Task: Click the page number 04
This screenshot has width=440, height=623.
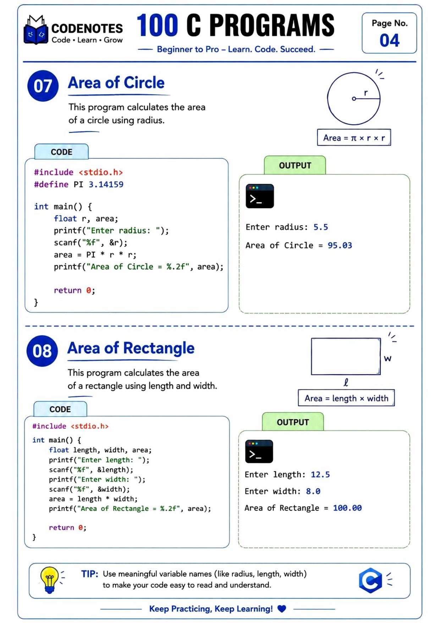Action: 389,40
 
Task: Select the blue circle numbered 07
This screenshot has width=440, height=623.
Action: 43,86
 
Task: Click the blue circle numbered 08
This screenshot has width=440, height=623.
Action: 42,351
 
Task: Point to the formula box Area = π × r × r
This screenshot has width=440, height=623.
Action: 354,138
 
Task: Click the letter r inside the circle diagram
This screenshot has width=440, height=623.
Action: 366,93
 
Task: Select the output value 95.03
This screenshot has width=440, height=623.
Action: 340,245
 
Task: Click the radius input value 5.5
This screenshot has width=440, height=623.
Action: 320,227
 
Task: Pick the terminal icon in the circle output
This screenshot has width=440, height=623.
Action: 260,196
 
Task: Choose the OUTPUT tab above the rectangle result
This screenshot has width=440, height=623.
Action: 293,422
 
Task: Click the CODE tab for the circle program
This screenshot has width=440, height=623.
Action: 61,152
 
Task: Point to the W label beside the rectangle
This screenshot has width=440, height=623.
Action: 387,359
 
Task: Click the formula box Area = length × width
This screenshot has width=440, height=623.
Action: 346,398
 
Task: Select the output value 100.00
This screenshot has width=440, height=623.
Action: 347,508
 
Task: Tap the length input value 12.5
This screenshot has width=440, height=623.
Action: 320,475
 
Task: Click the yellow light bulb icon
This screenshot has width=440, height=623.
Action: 49,580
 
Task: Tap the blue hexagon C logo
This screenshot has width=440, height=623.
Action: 370,580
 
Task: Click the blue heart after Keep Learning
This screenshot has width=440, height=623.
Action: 282,609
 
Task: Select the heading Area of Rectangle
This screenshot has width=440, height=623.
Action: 131,348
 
